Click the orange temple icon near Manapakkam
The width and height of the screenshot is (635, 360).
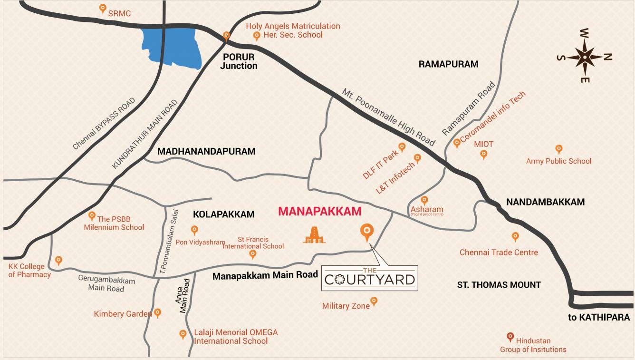[314, 234]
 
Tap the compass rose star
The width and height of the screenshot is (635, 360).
[585, 56]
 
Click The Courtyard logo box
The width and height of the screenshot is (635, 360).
[370, 278]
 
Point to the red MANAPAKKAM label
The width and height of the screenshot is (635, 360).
[319, 212]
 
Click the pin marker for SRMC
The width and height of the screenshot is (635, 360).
[102, 8]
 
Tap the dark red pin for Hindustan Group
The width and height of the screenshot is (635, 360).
[510, 337]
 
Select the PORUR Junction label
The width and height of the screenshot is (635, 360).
[238, 61]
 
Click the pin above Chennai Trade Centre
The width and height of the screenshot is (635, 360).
[515, 236]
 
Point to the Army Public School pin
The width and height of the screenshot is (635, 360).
[559, 149]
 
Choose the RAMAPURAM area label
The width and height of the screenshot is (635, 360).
[448, 64]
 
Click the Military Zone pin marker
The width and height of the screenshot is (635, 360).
[374, 301]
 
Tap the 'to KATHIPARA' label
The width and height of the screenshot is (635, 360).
[599, 318]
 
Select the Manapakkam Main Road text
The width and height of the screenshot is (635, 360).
[265, 275]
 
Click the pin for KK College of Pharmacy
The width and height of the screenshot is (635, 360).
[58, 260]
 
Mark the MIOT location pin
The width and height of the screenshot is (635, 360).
[484, 154]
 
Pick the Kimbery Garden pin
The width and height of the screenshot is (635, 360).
[157, 313]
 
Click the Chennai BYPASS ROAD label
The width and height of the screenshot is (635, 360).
[104, 124]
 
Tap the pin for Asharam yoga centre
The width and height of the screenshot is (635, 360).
[424, 200]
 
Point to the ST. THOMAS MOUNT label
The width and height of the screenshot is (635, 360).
[499, 285]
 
